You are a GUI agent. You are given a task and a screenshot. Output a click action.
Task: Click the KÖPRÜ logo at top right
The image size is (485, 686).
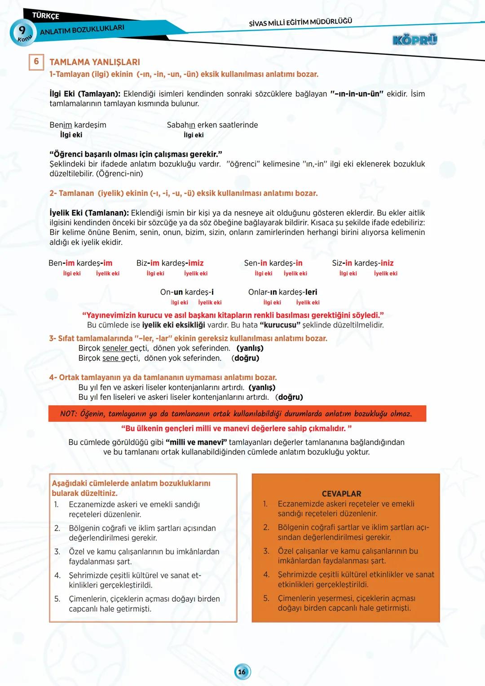coord(414,40)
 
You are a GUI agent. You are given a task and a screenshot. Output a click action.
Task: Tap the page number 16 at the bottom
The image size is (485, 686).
coord(242,672)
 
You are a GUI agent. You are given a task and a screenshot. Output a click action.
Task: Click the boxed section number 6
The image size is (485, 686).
coord(36,62)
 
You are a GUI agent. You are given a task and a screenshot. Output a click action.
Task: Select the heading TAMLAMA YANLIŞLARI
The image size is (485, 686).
coord(94,62)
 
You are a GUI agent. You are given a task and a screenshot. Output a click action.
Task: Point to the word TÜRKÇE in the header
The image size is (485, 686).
coord(45,16)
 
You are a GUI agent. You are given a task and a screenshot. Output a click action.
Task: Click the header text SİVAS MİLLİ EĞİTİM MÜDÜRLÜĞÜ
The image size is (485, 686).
coord(300,22)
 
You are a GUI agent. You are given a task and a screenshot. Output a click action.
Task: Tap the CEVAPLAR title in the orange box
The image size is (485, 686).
coord(341,493)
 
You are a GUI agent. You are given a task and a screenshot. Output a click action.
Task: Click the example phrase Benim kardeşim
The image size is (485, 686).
coord(78,125)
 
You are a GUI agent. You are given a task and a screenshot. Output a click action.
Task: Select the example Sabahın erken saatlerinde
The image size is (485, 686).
coord(212,125)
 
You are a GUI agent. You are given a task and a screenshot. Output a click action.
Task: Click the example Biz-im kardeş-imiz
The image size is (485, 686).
coord(170,263)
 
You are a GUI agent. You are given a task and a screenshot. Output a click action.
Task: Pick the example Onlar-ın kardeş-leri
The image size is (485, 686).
coord(282,292)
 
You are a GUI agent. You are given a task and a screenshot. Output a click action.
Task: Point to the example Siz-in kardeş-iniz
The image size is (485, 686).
coord(362,263)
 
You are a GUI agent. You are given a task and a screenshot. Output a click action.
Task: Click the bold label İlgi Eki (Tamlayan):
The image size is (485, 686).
coord(84,94)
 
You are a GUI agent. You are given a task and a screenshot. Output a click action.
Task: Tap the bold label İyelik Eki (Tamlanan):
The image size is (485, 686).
coord(89,213)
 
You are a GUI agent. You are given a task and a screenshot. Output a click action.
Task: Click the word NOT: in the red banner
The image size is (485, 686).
coord(69,414)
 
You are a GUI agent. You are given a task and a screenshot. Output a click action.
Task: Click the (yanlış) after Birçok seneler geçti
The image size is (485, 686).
coord(250,348)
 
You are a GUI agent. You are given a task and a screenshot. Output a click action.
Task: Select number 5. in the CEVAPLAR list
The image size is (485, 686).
coord(266,598)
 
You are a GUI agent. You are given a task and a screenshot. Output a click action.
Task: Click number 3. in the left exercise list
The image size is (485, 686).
coord(57,552)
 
